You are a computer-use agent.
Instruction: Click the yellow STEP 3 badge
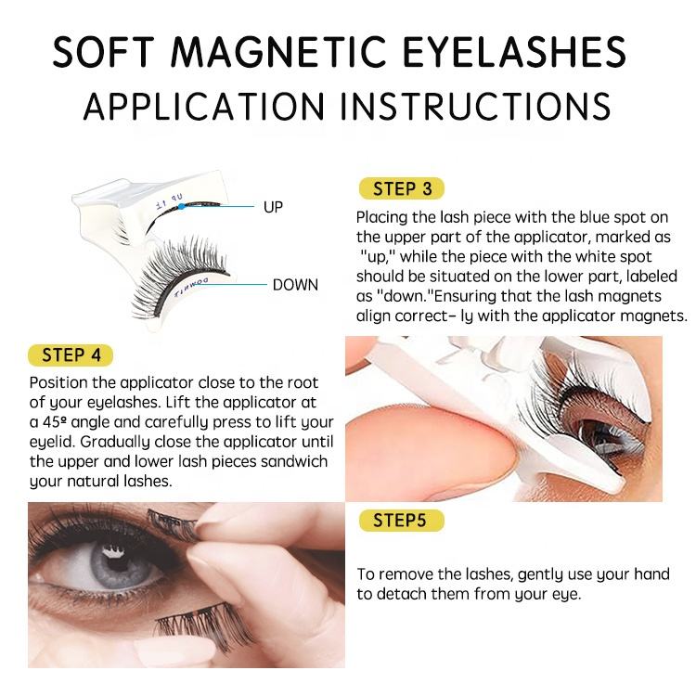(402, 189)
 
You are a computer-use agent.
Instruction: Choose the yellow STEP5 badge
(399, 520)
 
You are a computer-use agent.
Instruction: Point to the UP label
(273, 207)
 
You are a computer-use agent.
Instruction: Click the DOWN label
(295, 285)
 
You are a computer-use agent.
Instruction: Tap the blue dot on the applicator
(184, 206)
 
